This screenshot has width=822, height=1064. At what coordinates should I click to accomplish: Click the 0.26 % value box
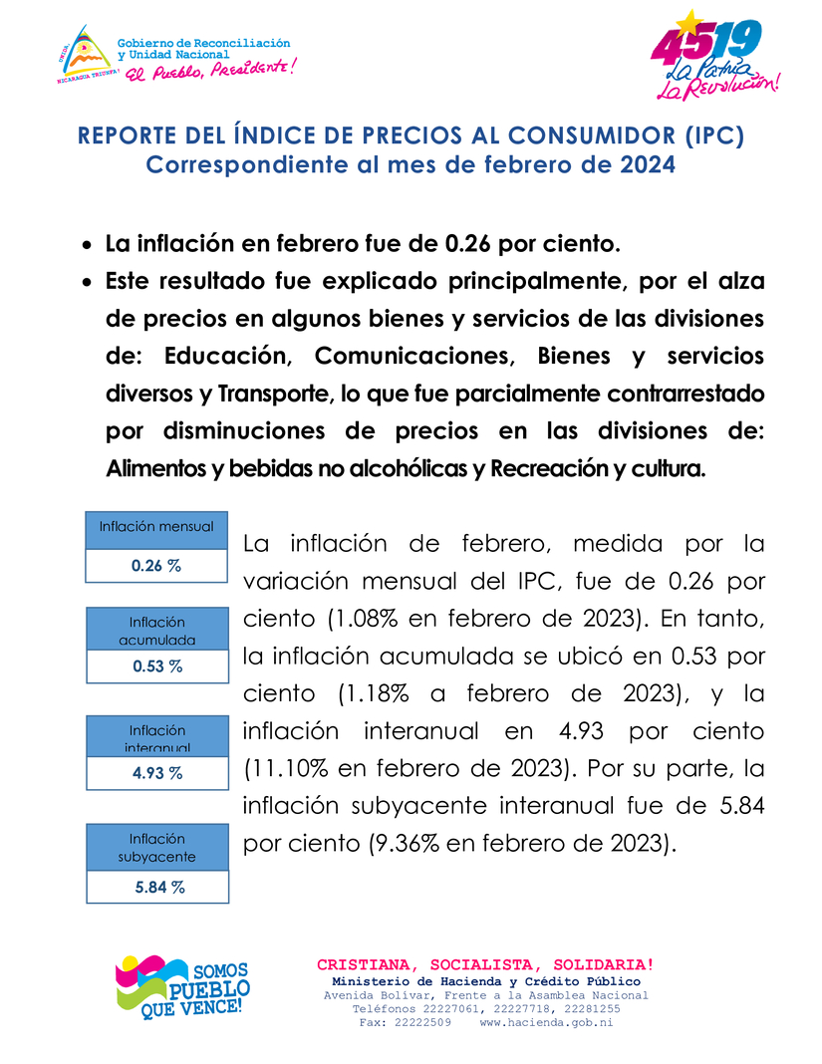pos(156,566)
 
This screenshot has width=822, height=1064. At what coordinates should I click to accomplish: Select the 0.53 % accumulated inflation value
pos(157,666)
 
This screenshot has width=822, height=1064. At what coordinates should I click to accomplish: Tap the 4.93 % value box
pos(157,772)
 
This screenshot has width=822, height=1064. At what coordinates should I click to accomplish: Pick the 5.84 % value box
pos(157,887)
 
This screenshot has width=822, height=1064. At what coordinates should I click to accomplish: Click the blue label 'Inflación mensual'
pos(156,526)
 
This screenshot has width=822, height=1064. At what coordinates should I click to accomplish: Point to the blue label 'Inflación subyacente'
pos(157,847)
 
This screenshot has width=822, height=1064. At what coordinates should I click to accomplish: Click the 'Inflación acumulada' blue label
pos(157,630)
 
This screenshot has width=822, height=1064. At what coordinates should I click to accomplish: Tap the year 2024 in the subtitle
pos(647,164)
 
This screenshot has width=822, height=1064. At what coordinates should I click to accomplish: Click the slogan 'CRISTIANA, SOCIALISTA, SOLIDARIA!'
pos(485,964)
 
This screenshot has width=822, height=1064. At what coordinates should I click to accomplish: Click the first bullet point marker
pos(88,245)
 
